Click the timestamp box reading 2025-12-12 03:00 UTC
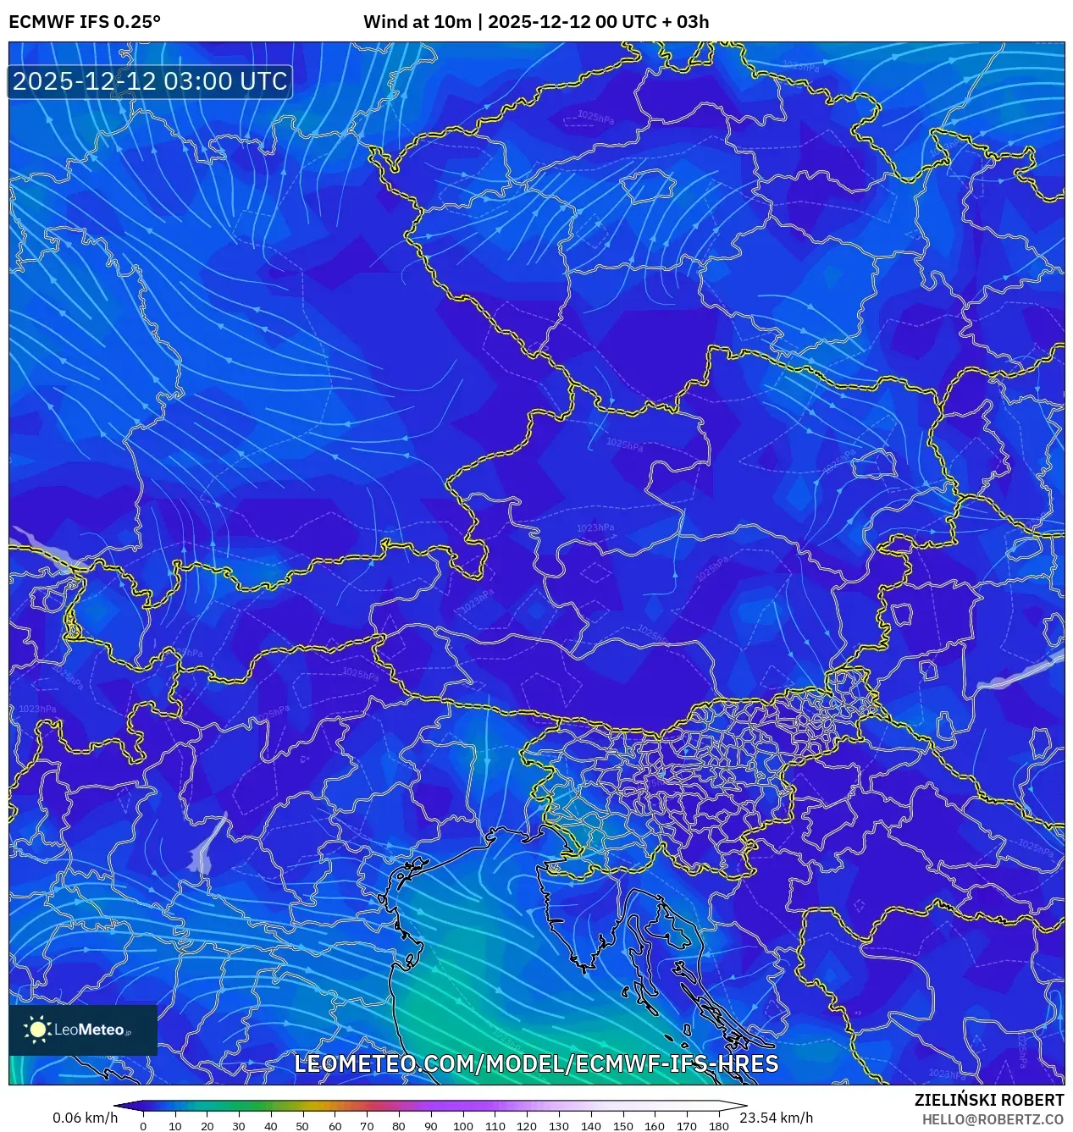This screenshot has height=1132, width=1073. click(150, 81)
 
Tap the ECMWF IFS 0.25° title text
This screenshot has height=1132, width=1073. click(85, 22)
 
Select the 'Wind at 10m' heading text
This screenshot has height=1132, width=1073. click(417, 22)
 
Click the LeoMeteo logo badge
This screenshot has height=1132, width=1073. click(83, 1030)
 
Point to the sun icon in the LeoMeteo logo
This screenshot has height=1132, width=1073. click(37, 1030)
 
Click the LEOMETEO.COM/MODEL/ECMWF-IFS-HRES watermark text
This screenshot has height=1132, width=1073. click(536, 1063)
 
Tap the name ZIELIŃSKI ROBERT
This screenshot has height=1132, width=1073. click(988, 1100)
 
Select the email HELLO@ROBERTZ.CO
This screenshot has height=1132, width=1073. click(993, 1119)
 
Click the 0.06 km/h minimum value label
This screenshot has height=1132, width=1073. click(85, 1118)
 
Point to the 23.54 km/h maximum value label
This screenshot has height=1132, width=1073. click(776, 1118)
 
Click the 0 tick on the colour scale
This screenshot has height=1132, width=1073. click(143, 1126)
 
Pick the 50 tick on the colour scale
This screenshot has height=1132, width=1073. click(303, 1126)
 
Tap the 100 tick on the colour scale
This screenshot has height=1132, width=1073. click(462, 1126)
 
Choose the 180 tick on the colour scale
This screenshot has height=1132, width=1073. click(719, 1126)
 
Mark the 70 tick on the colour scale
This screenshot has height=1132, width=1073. click(367, 1126)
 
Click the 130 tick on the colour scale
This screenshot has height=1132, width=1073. click(559, 1126)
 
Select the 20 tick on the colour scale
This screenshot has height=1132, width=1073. click(207, 1126)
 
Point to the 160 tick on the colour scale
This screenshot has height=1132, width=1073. click(655, 1126)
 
